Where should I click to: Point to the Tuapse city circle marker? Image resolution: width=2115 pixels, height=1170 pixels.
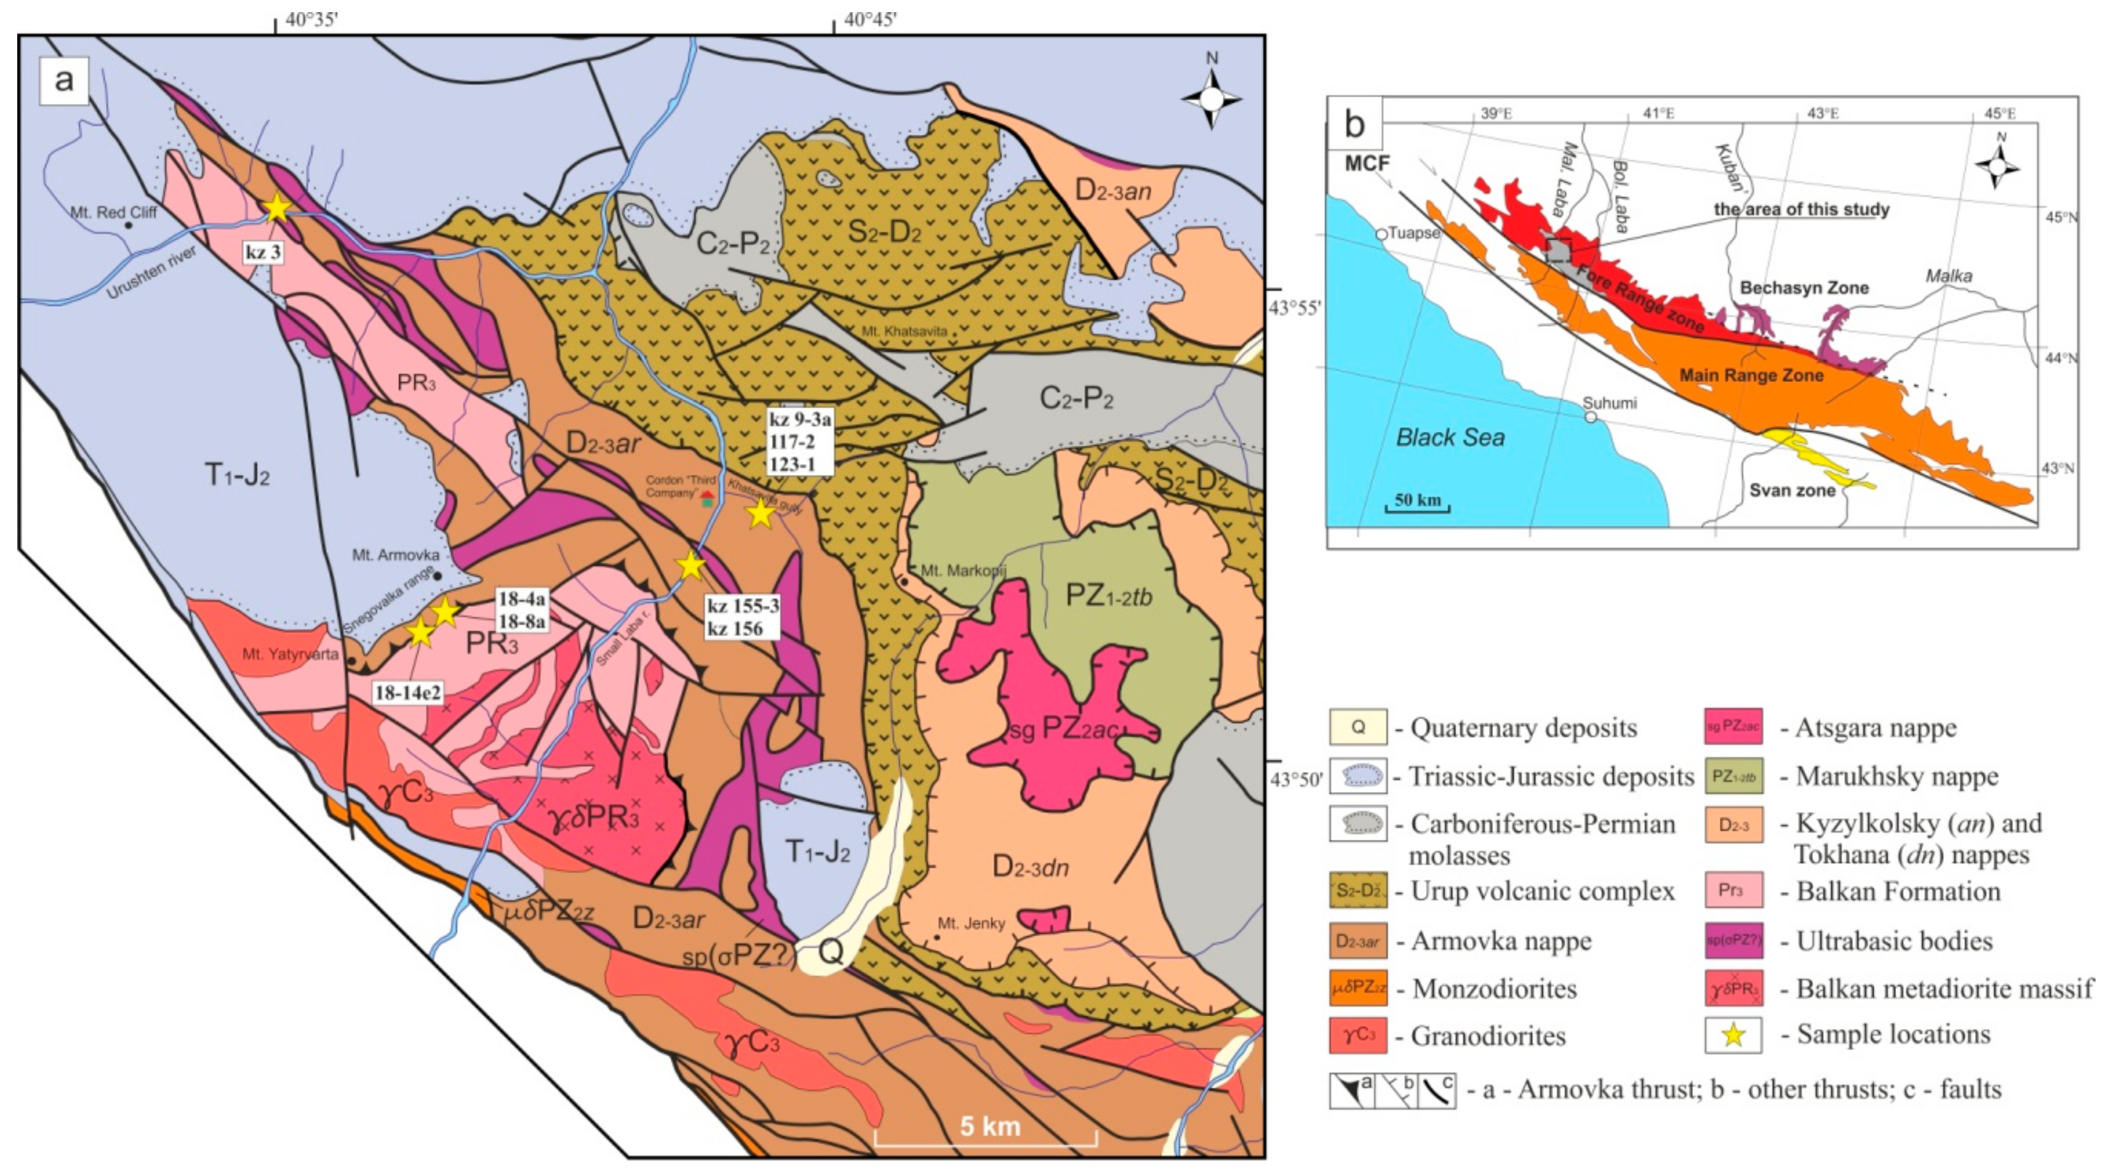coord(1381,234)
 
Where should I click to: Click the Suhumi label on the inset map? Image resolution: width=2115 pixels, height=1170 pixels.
coord(1609,403)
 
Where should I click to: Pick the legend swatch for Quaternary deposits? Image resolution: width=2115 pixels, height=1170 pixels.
coord(1358,727)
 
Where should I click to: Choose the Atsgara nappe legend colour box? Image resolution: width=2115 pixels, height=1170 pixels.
coord(1733,727)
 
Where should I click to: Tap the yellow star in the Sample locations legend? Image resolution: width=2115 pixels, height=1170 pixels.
coord(1733,1035)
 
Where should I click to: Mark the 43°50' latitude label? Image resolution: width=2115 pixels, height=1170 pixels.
coord(1296,779)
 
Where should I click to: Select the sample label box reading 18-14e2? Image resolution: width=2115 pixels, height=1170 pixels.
coord(408,693)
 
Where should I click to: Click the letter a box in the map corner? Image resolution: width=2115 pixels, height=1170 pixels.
coord(63,80)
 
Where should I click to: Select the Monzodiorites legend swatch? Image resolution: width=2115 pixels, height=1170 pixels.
coord(1358,989)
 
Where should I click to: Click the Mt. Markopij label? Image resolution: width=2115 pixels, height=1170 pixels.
coord(962,571)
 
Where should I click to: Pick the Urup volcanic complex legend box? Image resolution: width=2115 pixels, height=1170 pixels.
coord(1358,891)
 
